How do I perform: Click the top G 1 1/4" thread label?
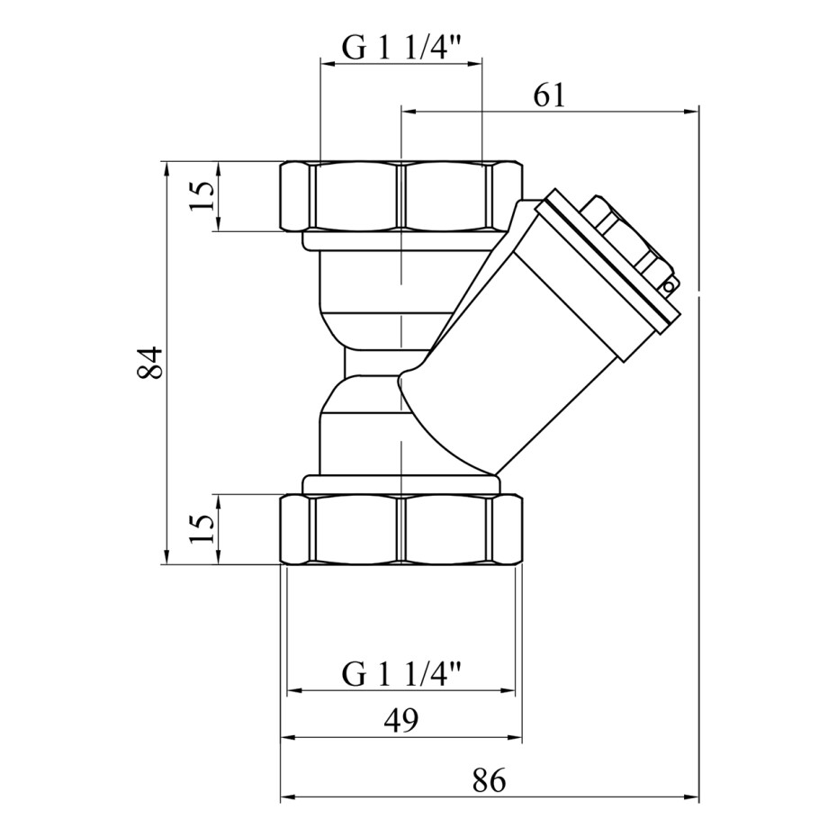pos(400,48)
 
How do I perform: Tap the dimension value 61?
pos(549,95)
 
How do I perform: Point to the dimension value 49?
pos(400,720)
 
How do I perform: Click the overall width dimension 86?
pos(489,780)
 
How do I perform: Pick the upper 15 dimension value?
pos(202,196)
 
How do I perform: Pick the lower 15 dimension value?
pos(202,528)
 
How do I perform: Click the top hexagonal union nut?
pos(401,196)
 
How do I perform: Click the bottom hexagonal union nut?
pos(401,529)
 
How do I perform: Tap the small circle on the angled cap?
pos(668,287)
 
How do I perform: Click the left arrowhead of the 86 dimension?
pos(288,797)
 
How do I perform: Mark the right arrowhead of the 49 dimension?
pos(515,738)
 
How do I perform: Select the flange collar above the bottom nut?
pos(401,485)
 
